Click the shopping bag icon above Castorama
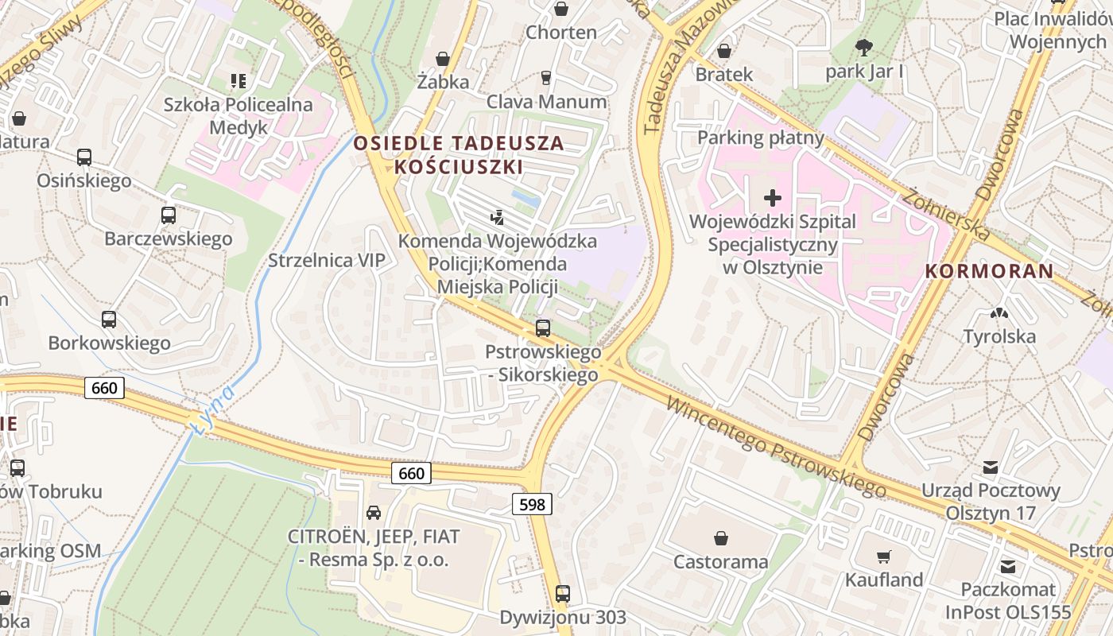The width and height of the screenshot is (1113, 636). (x=721, y=538)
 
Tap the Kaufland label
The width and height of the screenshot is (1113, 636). (x=884, y=580)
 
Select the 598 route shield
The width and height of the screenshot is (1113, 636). (x=531, y=503)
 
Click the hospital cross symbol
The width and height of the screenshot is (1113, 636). (x=772, y=197)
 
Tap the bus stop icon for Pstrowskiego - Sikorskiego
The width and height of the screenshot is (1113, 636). (x=543, y=328)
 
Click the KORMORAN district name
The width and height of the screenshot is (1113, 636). (x=989, y=271)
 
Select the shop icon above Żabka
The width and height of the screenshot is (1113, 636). (x=443, y=59)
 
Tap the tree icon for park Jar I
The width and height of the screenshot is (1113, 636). (x=864, y=48)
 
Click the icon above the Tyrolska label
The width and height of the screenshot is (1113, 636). (x=999, y=314)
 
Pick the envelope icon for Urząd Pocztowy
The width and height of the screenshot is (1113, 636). (x=991, y=467)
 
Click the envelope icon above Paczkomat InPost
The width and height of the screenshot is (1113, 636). (x=1008, y=567)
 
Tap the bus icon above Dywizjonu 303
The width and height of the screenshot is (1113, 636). (x=562, y=593)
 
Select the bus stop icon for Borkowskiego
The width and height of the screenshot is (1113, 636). (x=109, y=320)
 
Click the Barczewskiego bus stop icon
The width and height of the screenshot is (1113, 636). (x=168, y=215)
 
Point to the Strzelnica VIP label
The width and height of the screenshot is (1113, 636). (x=326, y=261)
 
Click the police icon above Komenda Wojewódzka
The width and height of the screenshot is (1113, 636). (x=498, y=216)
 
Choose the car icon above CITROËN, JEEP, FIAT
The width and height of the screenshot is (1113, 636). (x=373, y=513)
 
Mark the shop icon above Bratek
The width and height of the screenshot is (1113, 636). (x=723, y=51)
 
